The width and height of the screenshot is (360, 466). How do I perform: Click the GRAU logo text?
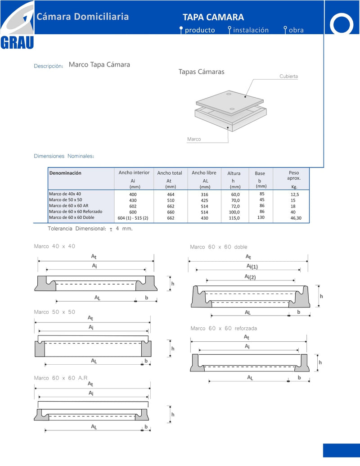(17, 42)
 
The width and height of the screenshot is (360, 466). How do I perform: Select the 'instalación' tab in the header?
(251, 30)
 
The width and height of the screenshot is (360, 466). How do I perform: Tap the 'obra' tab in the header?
(296, 30)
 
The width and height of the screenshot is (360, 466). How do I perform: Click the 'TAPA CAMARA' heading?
(213, 17)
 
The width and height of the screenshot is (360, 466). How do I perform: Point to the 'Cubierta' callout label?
(288, 77)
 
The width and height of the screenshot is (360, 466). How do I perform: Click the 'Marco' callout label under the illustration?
(194, 139)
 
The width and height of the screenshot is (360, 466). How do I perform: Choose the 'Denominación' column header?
(65, 173)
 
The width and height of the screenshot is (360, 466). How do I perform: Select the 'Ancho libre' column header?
(204, 173)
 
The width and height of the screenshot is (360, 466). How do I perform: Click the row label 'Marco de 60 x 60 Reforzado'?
(76, 212)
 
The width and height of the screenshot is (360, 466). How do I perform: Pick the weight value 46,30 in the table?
(296, 218)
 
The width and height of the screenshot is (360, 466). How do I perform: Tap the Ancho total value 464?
(171, 195)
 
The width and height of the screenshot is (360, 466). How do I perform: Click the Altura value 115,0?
(234, 218)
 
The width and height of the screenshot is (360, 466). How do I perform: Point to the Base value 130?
(261, 217)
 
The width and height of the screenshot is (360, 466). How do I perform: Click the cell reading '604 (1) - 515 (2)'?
(133, 218)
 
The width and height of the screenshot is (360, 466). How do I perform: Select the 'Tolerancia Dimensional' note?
(90, 229)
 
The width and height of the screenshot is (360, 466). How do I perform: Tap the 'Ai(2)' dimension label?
(250, 277)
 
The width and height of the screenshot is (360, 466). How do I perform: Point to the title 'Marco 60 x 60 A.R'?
(61, 378)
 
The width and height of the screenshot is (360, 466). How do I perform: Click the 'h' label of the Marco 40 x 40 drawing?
(172, 284)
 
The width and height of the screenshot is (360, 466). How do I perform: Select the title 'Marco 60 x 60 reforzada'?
(223, 328)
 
